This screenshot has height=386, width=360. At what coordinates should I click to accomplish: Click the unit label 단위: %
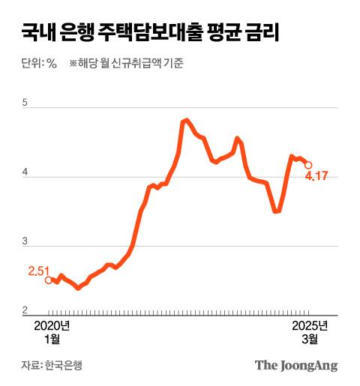click(39, 64)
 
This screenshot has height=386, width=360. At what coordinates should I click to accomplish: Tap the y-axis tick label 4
click(25, 173)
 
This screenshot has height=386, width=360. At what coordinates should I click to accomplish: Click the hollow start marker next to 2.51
click(49, 280)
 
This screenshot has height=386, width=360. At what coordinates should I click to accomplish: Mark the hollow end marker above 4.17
click(308, 166)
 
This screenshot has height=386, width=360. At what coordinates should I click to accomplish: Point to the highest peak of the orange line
click(187, 119)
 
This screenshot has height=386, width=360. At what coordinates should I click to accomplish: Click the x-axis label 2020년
click(52, 326)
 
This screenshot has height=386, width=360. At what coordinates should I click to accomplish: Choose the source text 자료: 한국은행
click(52, 366)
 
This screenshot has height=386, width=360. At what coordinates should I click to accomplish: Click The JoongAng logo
click(296, 366)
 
